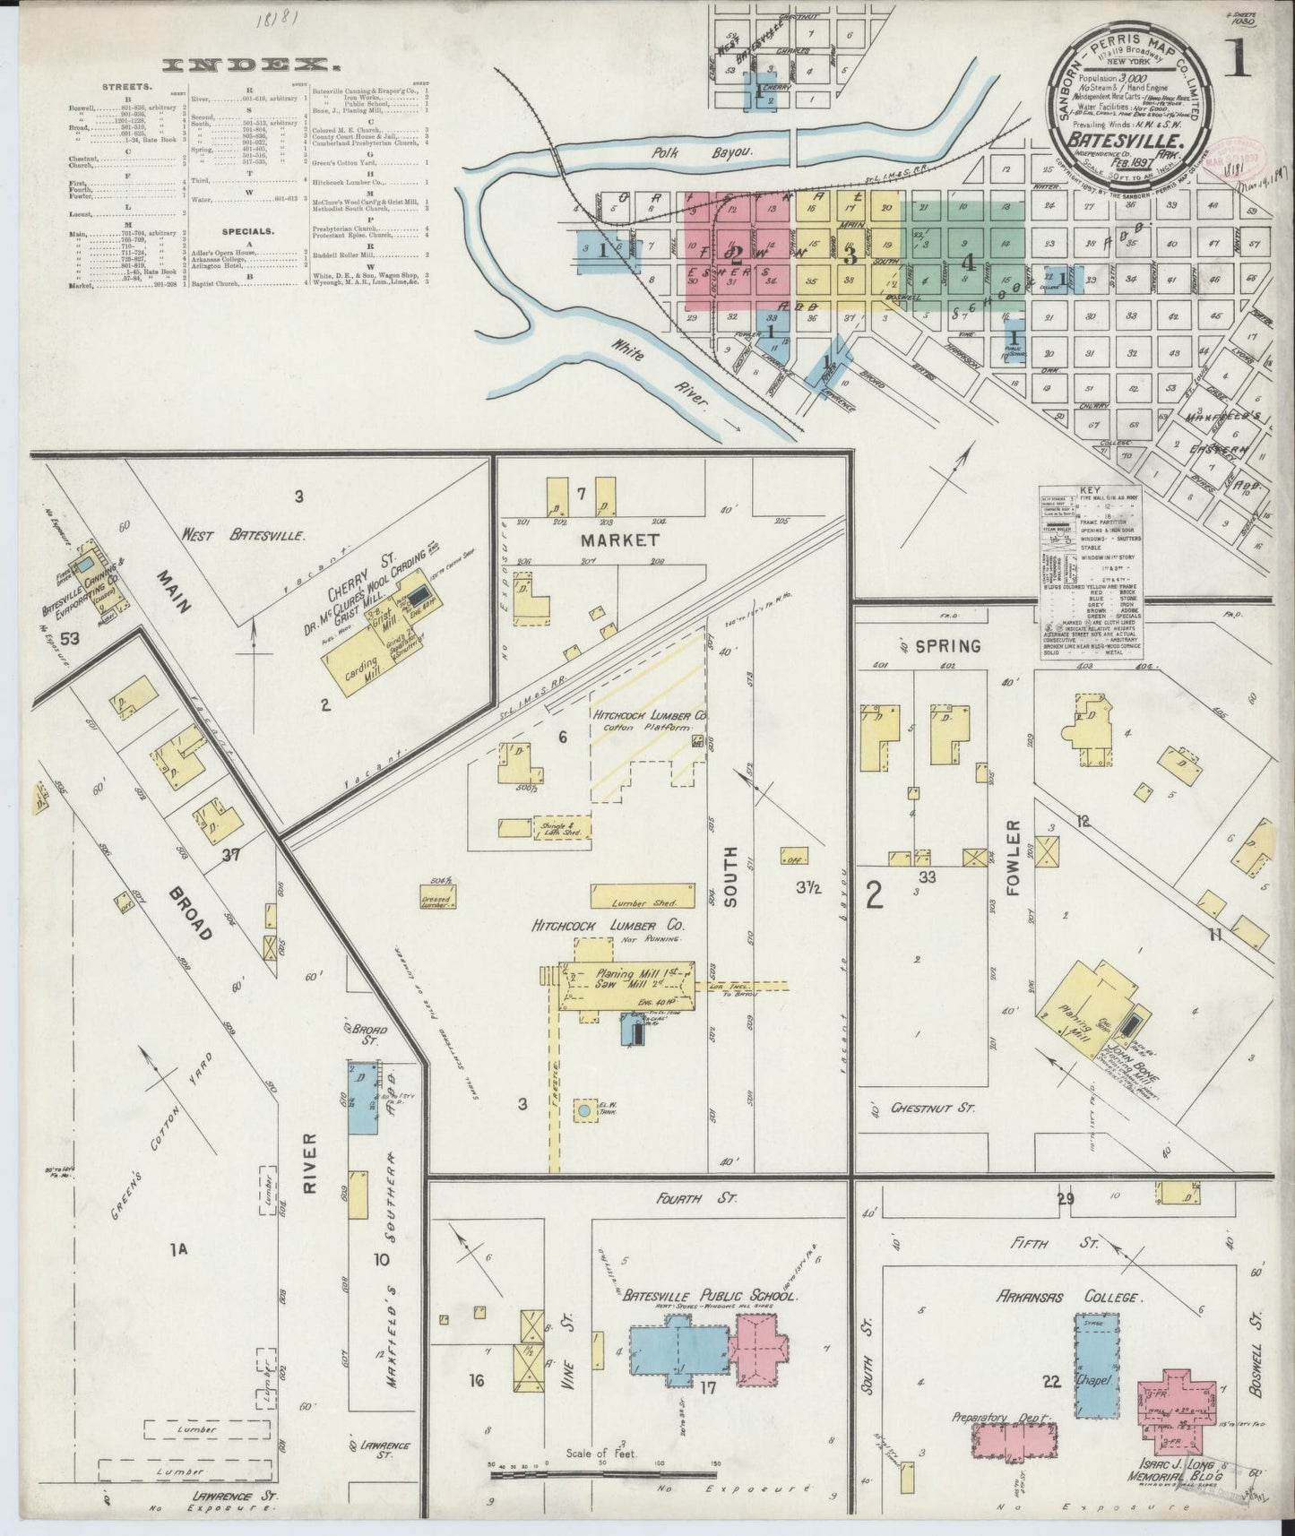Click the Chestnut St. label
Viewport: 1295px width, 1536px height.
pyautogui.click(x=932, y=1109)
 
